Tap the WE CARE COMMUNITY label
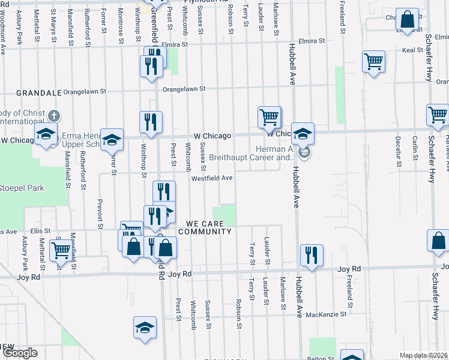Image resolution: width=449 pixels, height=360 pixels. pyautogui.click(x=205, y=227)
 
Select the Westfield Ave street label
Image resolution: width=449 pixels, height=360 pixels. pyautogui.click(x=212, y=178)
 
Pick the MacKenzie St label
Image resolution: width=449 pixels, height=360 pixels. pyautogui.click(x=326, y=314)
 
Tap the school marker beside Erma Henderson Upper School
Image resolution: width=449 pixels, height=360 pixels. pyautogui.click(x=112, y=140)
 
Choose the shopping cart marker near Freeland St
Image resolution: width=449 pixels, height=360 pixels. pyautogui.click(x=373, y=61)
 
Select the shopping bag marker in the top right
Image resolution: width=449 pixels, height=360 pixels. pyautogui.click(x=408, y=20)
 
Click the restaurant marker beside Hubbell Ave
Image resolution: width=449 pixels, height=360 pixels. pyautogui.click(x=312, y=254)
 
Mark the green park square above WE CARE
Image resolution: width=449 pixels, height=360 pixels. pyautogui.click(x=225, y=215)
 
